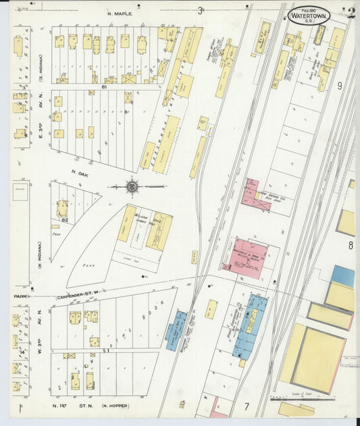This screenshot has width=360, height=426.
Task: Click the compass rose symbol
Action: [132, 186]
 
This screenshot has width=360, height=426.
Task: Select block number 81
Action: [105, 86]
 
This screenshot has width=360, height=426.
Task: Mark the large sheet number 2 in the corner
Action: [350, 14]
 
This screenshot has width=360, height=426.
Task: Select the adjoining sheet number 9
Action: [340, 86]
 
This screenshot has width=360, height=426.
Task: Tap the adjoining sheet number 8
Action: [350, 246]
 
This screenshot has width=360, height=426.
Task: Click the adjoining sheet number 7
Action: [247, 406]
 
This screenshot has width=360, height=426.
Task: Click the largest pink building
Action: [243, 257]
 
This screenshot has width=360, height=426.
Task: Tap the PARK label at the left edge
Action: [18, 296]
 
